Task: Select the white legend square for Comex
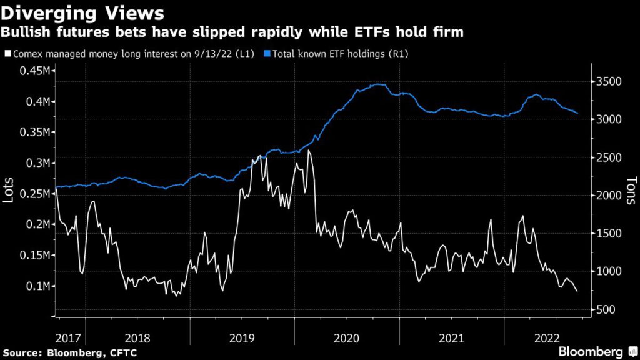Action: tap(7, 54)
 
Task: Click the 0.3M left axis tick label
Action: tap(36, 163)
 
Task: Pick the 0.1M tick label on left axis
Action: tap(36, 286)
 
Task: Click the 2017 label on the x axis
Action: tap(68, 338)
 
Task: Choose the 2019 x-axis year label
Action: tap(242, 338)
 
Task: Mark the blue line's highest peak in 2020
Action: tap(378, 84)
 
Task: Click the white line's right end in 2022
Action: tap(577, 291)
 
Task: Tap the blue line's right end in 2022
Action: tap(577, 114)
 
